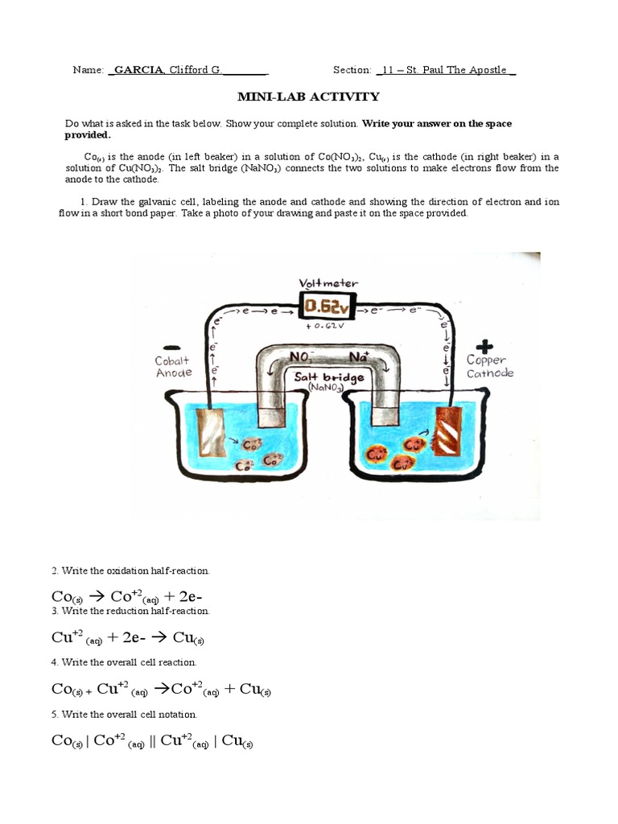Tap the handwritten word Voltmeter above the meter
(x=328, y=283)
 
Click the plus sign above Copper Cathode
(x=484, y=347)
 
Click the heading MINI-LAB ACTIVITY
(x=308, y=97)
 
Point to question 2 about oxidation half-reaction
(x=131, y=571)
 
